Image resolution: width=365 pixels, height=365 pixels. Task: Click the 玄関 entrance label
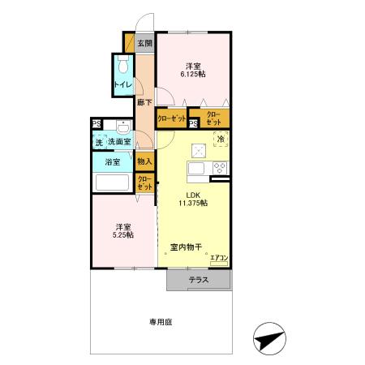(x=145, y=43)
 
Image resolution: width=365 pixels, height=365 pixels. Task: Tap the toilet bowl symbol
(x=123, y=64)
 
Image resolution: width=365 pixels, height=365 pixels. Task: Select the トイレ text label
(x=123, y=84)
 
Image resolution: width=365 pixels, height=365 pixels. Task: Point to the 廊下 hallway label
(x=144, y=102)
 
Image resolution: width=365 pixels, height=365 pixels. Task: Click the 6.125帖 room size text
(x=193, y=74)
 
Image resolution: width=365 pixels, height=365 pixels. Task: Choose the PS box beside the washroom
(x=97, y=124)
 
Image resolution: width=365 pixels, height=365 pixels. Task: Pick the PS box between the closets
(x=193, y=124)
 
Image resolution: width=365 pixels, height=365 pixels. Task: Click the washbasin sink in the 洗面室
(x=123, y=127)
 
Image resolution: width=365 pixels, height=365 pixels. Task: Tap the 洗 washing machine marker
(x=100, y=142)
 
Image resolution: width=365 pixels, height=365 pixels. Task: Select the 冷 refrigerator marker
(x=221, y=140)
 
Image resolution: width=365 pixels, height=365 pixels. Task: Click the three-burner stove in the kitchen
(x=221, y=168)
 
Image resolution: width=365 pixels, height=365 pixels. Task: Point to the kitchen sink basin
(x=196, y=169)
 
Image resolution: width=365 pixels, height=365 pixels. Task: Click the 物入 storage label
(x=144, y=161)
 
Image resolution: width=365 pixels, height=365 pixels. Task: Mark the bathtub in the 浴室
(x=112, y=182)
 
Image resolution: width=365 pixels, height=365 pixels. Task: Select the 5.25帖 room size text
(x=123, y=235)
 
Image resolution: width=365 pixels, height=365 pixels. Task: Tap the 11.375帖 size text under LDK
(x=193, y=203)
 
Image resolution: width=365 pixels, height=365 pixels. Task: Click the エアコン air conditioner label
(x=219, y=258)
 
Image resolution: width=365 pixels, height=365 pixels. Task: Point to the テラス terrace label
(x=199, y=280)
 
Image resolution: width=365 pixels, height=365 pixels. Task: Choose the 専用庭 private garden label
(x=161, y=322)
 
